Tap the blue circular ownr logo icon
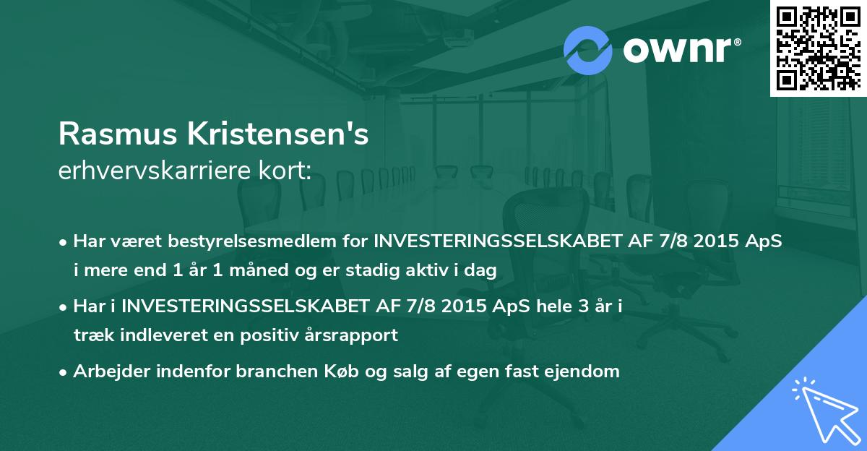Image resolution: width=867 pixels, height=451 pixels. coord(587,48)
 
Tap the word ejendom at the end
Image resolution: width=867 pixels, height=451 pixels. coord(586,371)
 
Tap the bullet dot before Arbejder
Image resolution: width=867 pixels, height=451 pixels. coord(64,372)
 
